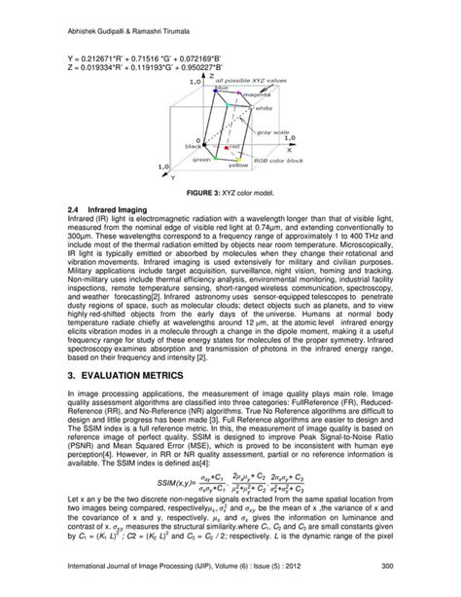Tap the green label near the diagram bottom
click(x=201, y=158)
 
